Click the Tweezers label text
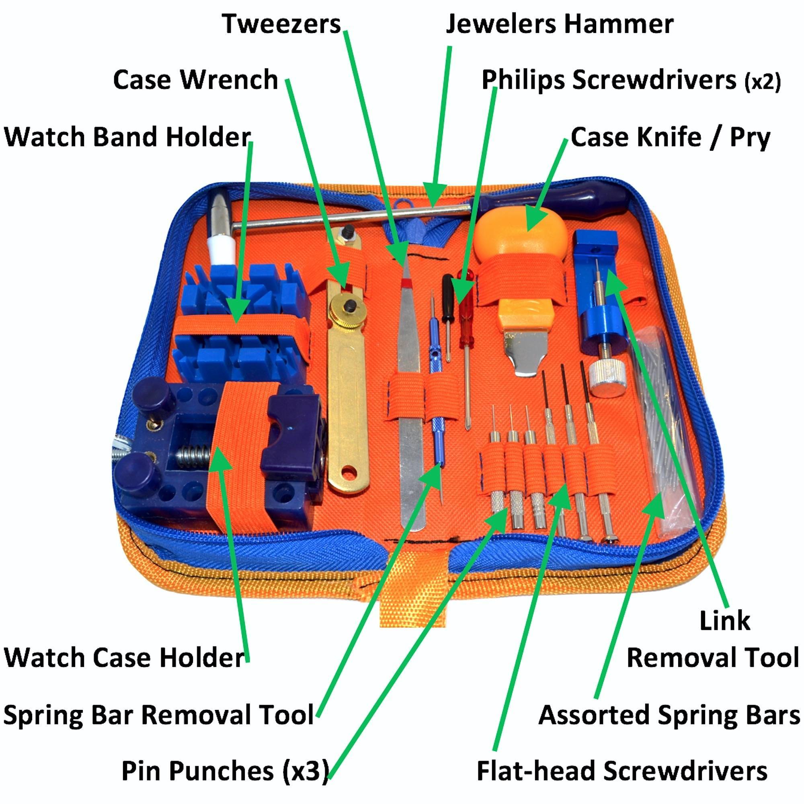coord(281,24)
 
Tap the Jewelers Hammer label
coord(559,24)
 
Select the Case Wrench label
coord(195,79)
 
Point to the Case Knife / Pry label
coord(670,137)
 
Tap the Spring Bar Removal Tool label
coord(158,715)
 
